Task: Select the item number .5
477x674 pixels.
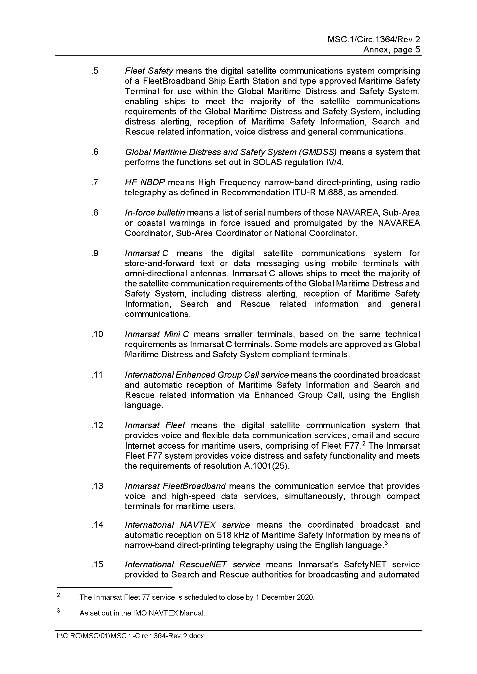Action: click(x=95, y=71)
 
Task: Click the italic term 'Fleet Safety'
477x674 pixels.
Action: click(x=149, y=71)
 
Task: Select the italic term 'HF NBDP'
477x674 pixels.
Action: click(x=144, y=182)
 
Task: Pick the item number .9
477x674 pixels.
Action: click(x=95, y=253)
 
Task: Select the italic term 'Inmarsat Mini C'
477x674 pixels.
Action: click(x=157, y=334)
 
